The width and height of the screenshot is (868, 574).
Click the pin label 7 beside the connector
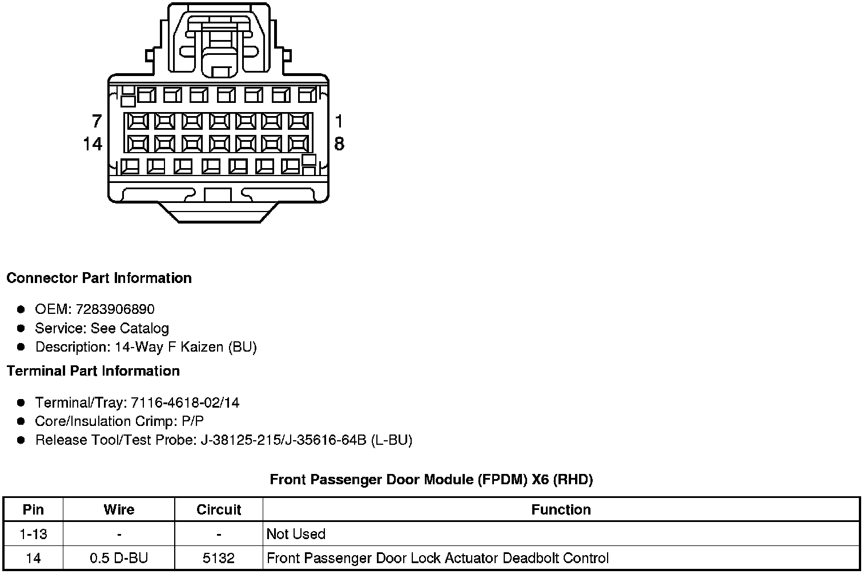[x=97, y=121]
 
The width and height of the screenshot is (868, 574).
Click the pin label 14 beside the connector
[x=93, y=144]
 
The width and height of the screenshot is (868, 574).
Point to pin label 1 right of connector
[x=339, y=121]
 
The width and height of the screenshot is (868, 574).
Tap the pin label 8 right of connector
[x=339, y=144]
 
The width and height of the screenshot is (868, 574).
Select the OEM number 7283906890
[x=115, y=309]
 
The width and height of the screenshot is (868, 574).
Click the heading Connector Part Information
[x=99, y=278]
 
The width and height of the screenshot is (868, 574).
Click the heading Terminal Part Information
[x=94, y=371]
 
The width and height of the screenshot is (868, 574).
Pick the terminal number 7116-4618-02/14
[x=185, y=402]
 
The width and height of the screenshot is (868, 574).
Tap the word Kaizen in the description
[x=202, y=346]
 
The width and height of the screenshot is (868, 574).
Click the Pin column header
[x=33, y=509]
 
